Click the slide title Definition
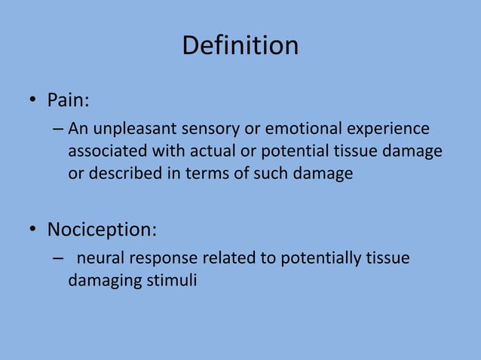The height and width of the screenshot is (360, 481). tap(240, 46)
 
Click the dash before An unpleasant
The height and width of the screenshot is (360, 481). tap(59, 129)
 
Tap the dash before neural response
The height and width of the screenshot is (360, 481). tap(59, 259)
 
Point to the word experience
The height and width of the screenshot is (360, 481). tap(386, 129)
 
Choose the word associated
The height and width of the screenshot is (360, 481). tap(105, 151)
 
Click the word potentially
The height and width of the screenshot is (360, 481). tap(320, 258)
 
